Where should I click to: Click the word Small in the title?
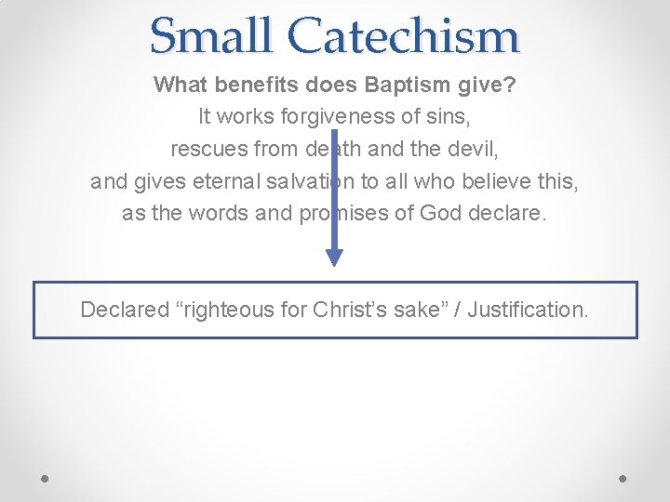coord(213,35)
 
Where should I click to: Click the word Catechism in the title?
coord(403,35)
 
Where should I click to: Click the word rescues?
coord(206,150)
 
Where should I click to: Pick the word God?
coord(441,213)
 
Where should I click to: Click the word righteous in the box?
coord(226,310)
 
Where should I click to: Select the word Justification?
coord(528,310)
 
